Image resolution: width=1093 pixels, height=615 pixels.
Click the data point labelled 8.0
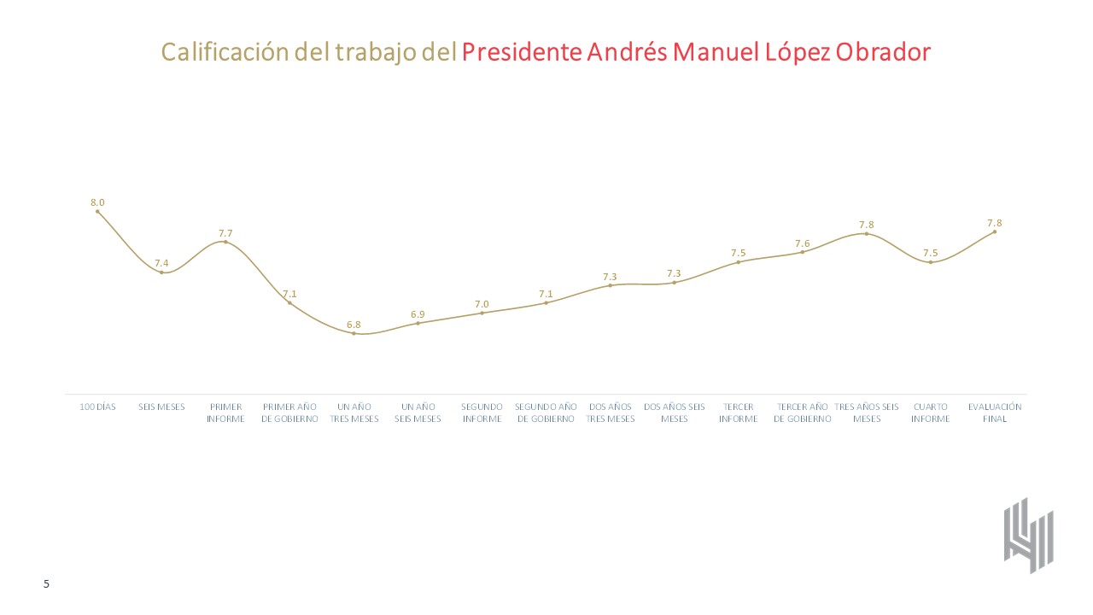pos(97,211)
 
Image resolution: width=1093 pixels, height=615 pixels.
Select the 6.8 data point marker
pos(354,333)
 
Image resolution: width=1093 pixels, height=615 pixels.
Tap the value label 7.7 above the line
pos(225,232)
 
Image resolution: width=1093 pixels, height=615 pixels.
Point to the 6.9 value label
pos(418,314)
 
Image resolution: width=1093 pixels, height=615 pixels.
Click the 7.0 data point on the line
pos(482,313)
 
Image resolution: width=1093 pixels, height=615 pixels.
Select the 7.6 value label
pos(803,243)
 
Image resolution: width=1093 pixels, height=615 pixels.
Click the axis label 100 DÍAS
pos(97,407)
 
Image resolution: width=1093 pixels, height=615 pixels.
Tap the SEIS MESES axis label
pos(161,407)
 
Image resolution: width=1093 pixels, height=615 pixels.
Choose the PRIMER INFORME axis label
pos(225,413)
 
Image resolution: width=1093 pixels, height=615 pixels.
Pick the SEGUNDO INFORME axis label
pos(482,413)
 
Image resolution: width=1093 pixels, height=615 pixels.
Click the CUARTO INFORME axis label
pos(930,413)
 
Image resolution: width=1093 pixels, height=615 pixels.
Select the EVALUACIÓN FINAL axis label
pos(994,413)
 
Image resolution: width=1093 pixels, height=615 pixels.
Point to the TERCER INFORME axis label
pos(738,413)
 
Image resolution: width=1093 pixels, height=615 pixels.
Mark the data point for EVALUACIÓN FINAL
pos(994,231)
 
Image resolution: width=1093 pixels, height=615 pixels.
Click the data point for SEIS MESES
pos(161,272)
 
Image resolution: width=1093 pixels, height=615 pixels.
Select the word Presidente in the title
pos(522,52)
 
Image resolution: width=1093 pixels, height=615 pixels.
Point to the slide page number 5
pos(47,584)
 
